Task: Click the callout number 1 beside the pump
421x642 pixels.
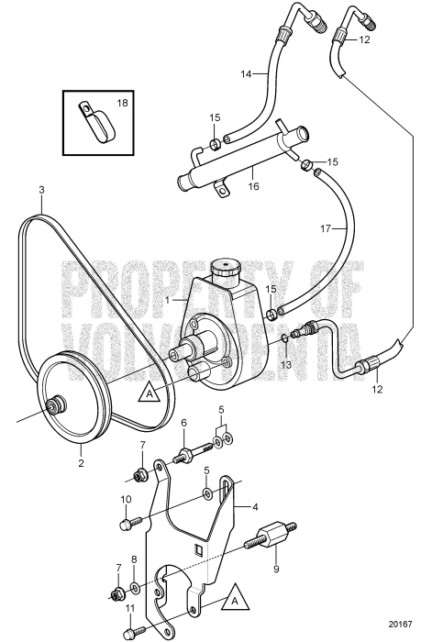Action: (x=167, y=300)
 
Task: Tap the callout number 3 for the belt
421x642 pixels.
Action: (x=40, y=191)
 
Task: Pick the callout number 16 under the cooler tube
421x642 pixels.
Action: (x=253, y=185)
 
